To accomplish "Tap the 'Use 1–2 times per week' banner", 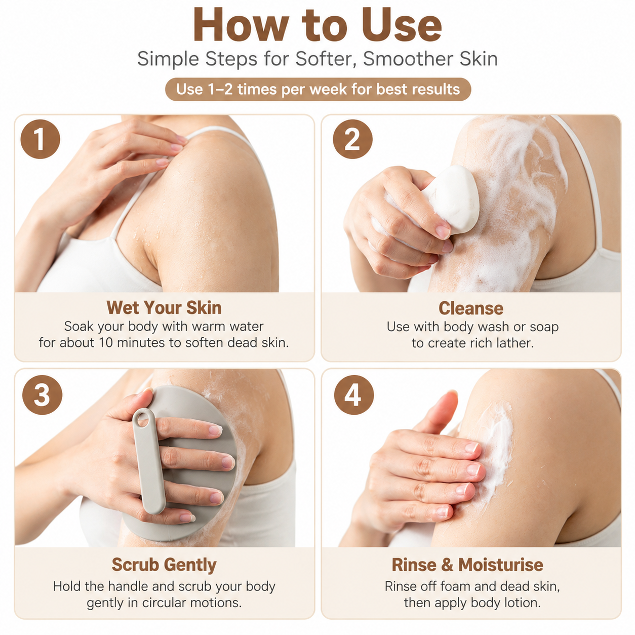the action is (x=318, y=89).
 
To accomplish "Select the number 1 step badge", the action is (x=40, y=139).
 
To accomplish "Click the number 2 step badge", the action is (x=352, y=139).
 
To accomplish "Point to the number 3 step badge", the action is (x=42, y=395).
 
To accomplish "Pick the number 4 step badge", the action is (x=354, y=395).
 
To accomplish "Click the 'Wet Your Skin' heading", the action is (x=164, y=307).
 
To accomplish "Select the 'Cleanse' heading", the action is (x=471, y=308).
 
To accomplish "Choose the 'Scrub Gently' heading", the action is (x=164, y=565).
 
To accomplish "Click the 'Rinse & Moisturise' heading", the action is (x=467, y=565).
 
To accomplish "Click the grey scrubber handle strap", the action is (x=148, y=461).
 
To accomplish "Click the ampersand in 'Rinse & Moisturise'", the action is (x=447, y=565).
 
